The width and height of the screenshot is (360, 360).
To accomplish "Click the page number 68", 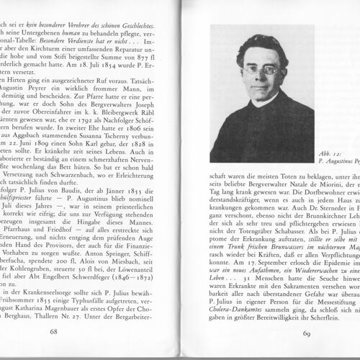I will pos(53,332).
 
